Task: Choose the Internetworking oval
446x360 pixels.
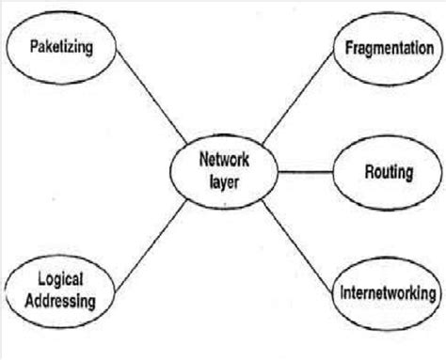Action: click(387, 294)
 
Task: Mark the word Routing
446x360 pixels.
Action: click(388, 172)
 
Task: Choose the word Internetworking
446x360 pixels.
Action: click(387, 294)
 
